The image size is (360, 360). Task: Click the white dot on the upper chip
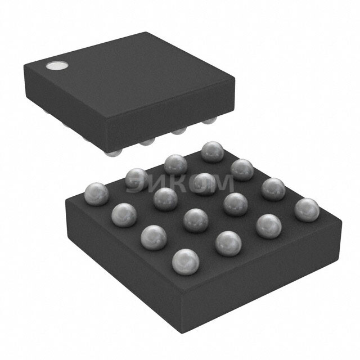(56, 66)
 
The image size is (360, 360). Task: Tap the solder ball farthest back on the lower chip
(213, 151)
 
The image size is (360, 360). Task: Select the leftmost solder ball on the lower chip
(96, 193)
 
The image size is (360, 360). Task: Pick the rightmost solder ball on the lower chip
(307, 209)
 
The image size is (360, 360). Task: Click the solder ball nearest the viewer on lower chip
(186, 261)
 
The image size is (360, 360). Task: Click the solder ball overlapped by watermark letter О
(204, 182)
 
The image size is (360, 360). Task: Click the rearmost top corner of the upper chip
(147, 33)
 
